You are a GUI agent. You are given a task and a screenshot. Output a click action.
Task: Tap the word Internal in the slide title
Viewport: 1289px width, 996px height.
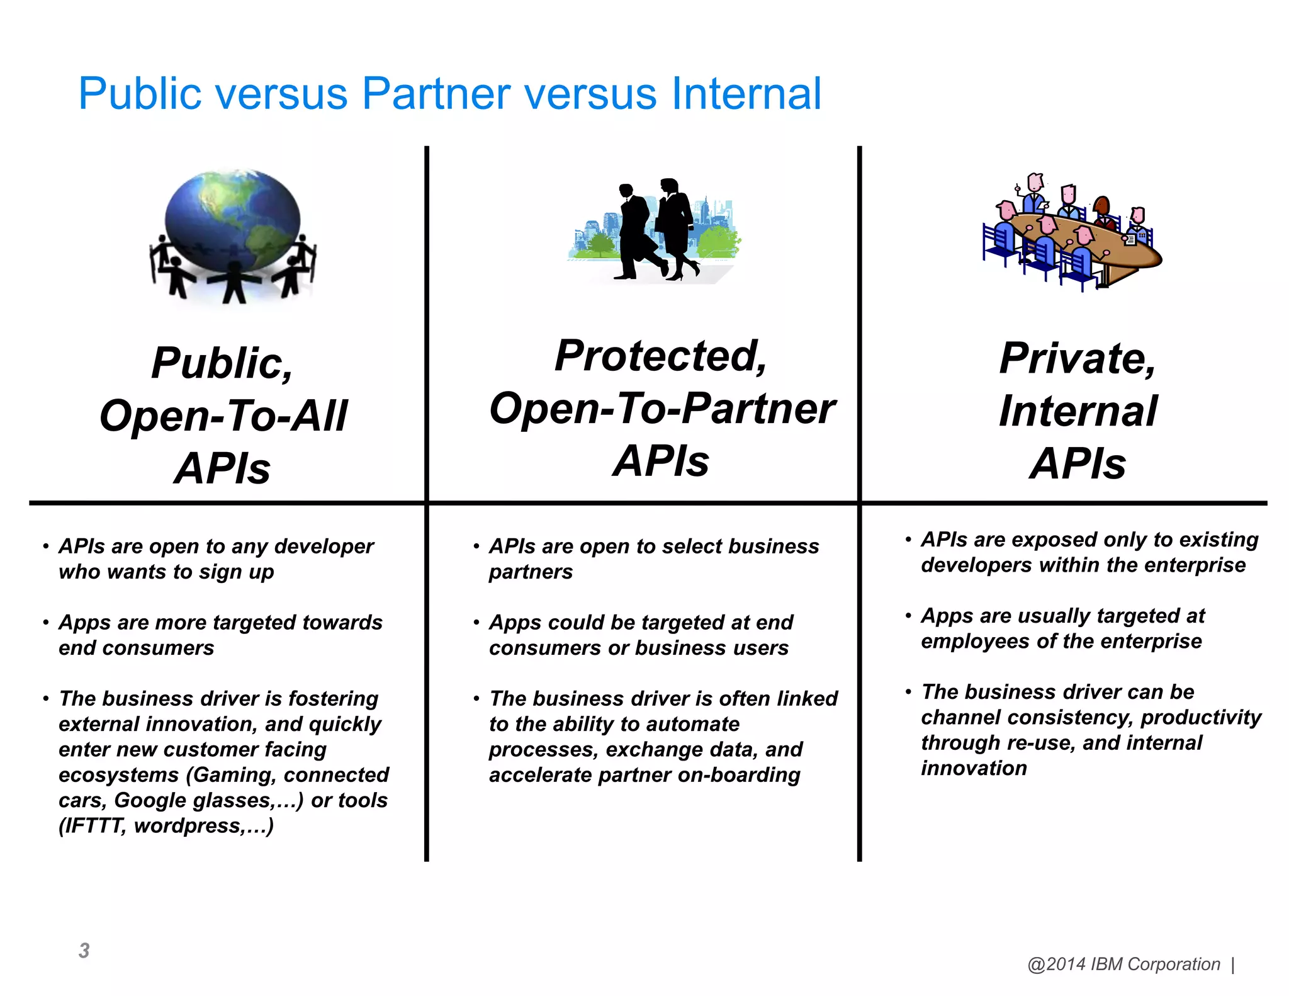(x=746, y=94)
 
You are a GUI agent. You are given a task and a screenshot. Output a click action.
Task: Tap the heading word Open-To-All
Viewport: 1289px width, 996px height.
(x=223, y=416)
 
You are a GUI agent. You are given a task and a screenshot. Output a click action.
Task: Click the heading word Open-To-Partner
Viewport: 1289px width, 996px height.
(x=662, y=409)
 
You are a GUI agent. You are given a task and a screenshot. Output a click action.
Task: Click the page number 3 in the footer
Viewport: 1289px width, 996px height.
(x=84, y=951)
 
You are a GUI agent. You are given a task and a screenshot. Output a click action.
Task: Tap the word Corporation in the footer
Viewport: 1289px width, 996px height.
(x=1173, y=964)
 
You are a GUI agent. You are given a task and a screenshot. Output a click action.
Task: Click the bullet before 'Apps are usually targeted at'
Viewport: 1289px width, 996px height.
(x=908, y=616)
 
